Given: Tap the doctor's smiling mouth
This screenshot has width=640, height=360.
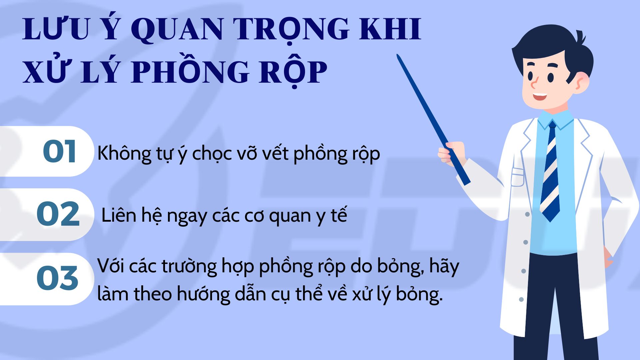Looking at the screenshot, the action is pyautogui.click(x=539, y=97).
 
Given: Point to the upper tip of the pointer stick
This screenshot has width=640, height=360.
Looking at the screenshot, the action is pyautogui.click(x=397, y=55).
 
